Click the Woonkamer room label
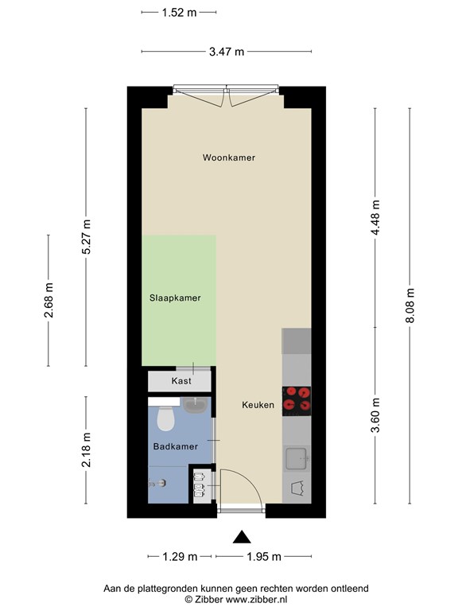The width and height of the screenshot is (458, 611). click(228, 158)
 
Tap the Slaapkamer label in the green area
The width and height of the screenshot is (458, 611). click(175, 298)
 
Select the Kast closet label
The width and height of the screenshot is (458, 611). click(181, 381)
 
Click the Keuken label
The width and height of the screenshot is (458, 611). click(258, 405)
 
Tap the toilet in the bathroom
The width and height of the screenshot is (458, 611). click(165, 418)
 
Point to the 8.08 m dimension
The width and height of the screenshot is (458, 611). click(410, 305)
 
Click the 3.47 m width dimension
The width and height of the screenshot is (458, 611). click(227, 52)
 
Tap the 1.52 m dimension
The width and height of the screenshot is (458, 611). click(179, 12)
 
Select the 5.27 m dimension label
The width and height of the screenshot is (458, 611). click(87, 236)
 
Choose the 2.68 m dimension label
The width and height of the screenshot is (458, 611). click(49, 302)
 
